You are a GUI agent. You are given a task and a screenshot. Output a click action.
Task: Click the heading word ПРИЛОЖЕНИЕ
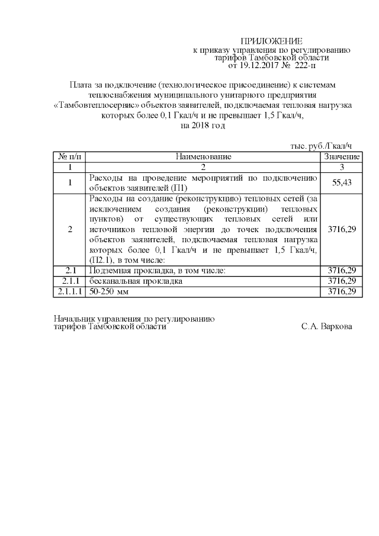click(x=272, y=41)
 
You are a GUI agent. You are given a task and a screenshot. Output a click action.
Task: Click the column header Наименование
click(x=203, y=157)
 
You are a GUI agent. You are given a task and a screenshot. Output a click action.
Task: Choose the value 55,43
click(x=342, y=183)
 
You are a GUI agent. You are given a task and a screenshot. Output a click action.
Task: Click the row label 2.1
click(x=70, y=271)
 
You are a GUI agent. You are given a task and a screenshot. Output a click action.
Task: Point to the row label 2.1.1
click(x=70, y=281)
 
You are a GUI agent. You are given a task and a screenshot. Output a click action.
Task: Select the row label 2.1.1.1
click(x=70, y=292)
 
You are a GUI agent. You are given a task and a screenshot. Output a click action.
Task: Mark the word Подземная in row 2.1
click(x=109, y=271)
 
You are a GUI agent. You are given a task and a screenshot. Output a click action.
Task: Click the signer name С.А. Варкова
click(x=326, y=326)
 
